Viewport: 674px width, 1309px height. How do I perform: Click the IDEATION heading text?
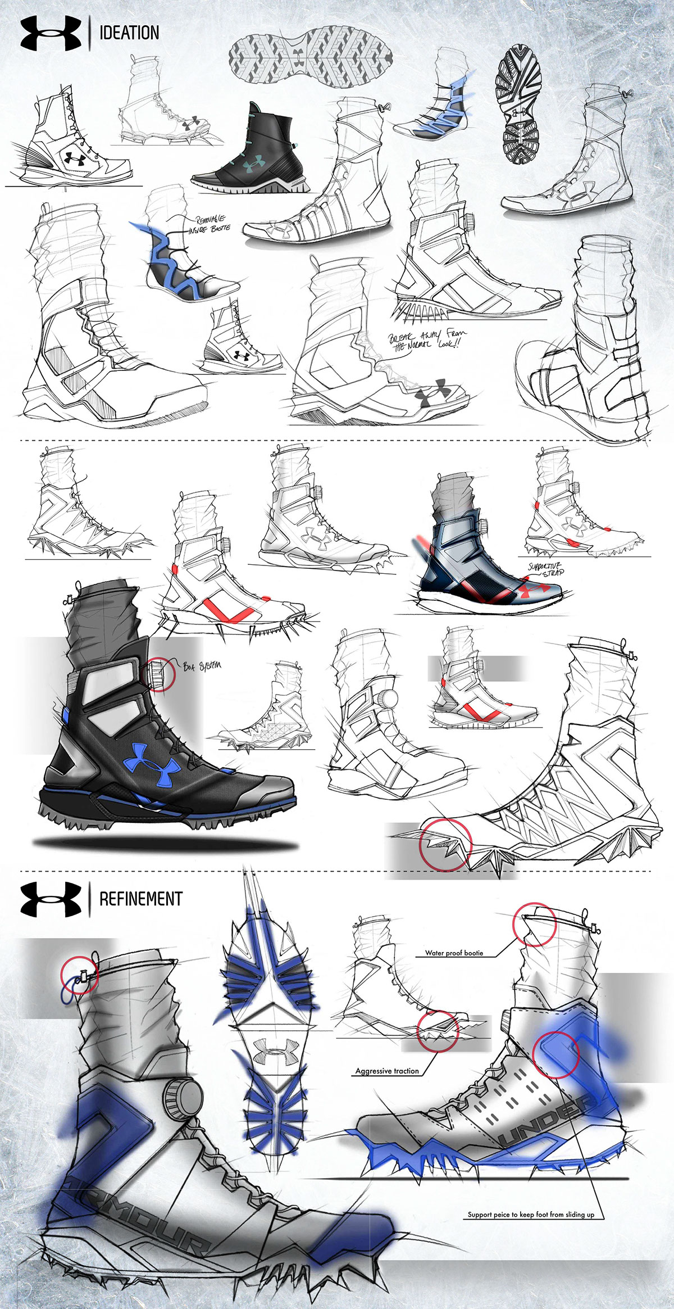(x=129, y=33)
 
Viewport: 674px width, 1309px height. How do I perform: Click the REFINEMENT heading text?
(x=140, y=898)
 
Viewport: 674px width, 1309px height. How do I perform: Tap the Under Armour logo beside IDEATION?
(x=51, y=33)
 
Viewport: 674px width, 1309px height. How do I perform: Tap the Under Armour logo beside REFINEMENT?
(x=51, y=899)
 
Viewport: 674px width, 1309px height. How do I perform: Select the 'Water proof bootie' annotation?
(x=454, y=953)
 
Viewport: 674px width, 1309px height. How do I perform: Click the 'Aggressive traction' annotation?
(x=387, y=1071)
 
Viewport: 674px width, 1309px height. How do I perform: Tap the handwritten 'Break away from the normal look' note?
(x=427, y=340)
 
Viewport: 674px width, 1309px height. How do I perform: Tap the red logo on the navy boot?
(x=535, y=589)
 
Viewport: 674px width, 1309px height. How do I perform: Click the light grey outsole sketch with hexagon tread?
(x=311, y=60)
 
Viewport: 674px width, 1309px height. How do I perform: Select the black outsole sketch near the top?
(x=517, y=105)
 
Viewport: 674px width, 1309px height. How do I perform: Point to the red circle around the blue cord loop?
(x=80, y=976)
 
